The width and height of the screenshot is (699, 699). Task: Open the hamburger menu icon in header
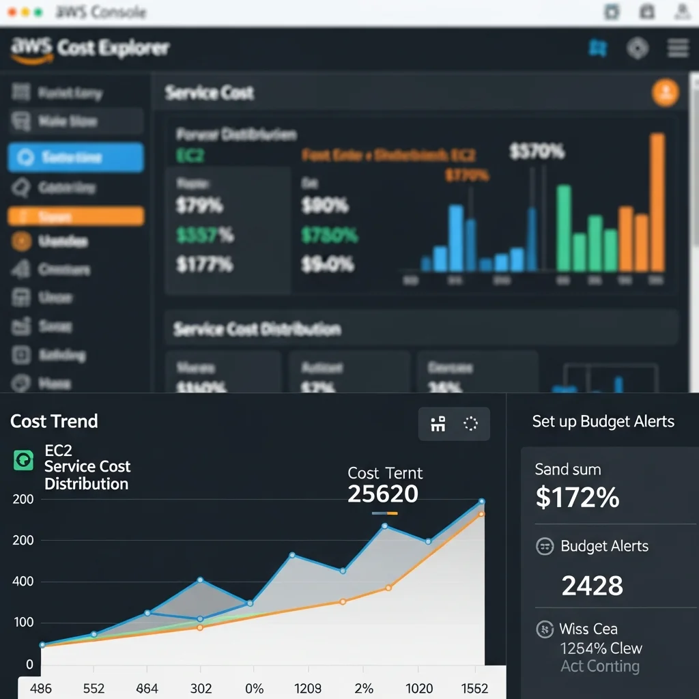tap(677, 48)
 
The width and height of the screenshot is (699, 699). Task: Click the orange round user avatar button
tap(665, 92)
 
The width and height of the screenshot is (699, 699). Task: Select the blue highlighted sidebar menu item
tap(76, 158)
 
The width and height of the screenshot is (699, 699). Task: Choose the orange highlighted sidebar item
tap(76, 216)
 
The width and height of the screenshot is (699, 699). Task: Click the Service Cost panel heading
tap(209, 93)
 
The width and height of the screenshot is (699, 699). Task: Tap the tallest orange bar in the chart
tap(657, 202)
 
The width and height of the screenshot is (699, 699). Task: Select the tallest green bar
tap(564, 228)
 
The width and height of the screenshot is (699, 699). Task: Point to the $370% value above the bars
tap(537, 152)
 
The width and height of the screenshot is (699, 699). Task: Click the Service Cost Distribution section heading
tap(257, 329)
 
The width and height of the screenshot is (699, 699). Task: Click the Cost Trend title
tap(54, 421)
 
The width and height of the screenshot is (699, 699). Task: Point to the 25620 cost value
tap(382, 494)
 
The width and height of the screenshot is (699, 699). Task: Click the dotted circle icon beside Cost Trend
tap(470, 424)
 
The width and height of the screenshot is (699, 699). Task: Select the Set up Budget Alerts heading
tap(603, 421)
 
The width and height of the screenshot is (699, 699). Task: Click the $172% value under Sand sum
tap(577, 498)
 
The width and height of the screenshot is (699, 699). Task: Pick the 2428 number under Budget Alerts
tap(592, 585)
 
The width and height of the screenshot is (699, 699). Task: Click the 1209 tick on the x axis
tap(309, 688)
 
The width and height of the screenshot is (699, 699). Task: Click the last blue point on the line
tap(481, 502)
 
